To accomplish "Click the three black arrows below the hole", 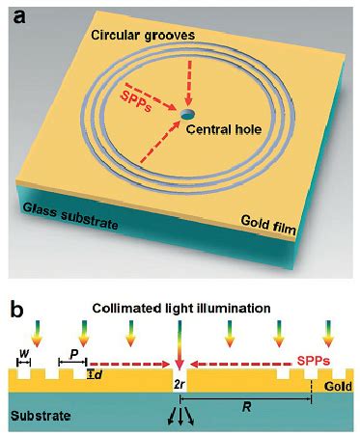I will click(x=179, y=416).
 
